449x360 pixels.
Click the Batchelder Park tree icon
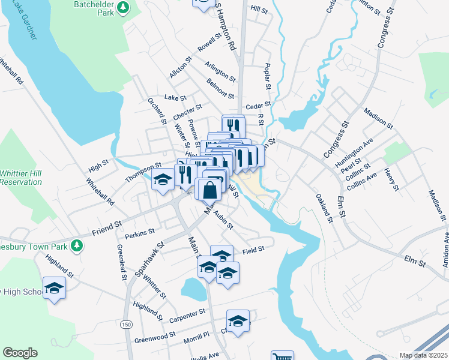[x=123, y=7]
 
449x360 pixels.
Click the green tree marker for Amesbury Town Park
[x=76, y=245]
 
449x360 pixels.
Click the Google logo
[x=20, y=353]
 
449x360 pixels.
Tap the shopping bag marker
[x=210, y=191]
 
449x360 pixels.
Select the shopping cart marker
[x=282, y=358]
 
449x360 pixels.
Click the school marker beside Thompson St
[x=162, y=180]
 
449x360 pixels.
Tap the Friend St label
[x=107, y=227]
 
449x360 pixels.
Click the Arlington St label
[x=220, y=71]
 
